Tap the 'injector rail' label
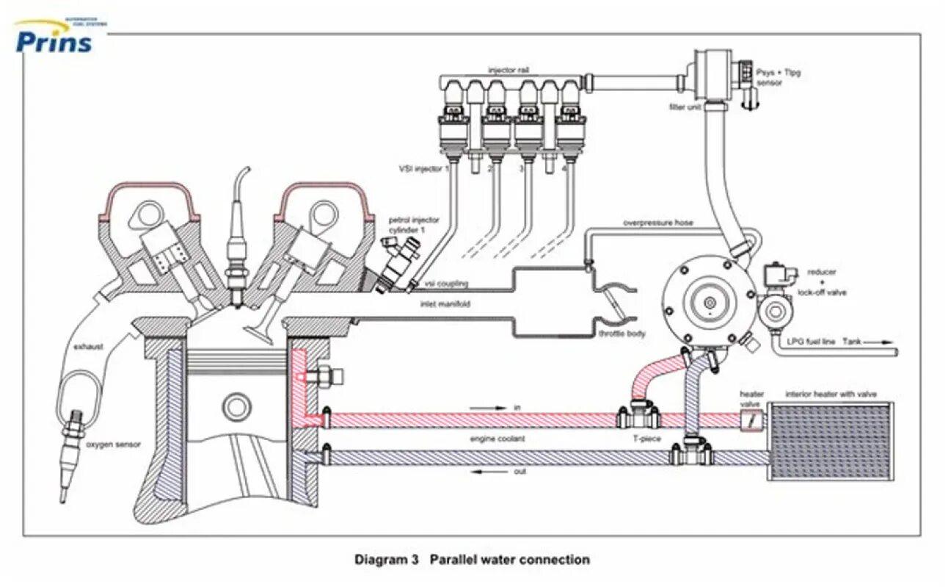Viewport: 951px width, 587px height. [509, 71]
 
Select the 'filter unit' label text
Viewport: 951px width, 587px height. [685, 107]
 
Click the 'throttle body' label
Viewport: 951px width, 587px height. [622, 334]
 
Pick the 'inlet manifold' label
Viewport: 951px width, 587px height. [444, 303]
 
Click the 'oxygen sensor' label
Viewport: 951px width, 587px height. [112, 444]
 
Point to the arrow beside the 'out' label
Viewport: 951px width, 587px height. [487, 472]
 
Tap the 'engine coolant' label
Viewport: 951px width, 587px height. [499, 439]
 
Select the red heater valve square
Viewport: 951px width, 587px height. [751, 421]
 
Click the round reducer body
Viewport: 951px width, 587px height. [709, 302]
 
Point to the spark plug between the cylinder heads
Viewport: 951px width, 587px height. [237, 242]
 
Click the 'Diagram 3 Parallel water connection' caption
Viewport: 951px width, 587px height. [472, 560]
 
